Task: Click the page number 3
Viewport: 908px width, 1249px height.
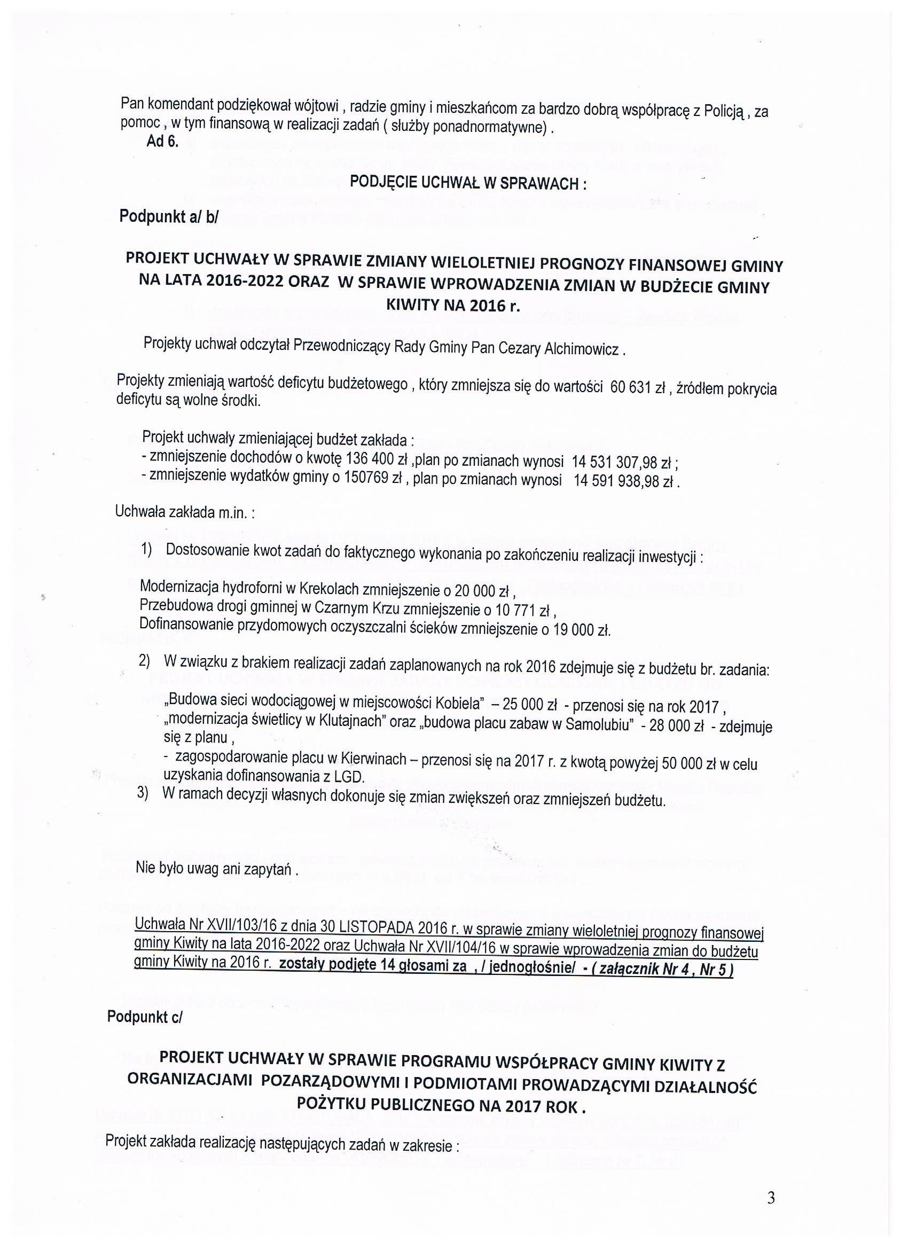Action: point(771,1197)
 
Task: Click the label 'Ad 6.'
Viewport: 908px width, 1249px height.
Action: point(162,142)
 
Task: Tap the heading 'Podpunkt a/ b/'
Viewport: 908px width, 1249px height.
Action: point(168,217)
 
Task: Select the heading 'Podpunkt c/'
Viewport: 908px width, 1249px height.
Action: point(144,1017)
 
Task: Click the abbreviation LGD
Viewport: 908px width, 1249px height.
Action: point(352,777)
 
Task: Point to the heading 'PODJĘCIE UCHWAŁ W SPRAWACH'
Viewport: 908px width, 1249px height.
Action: point(467,183)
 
